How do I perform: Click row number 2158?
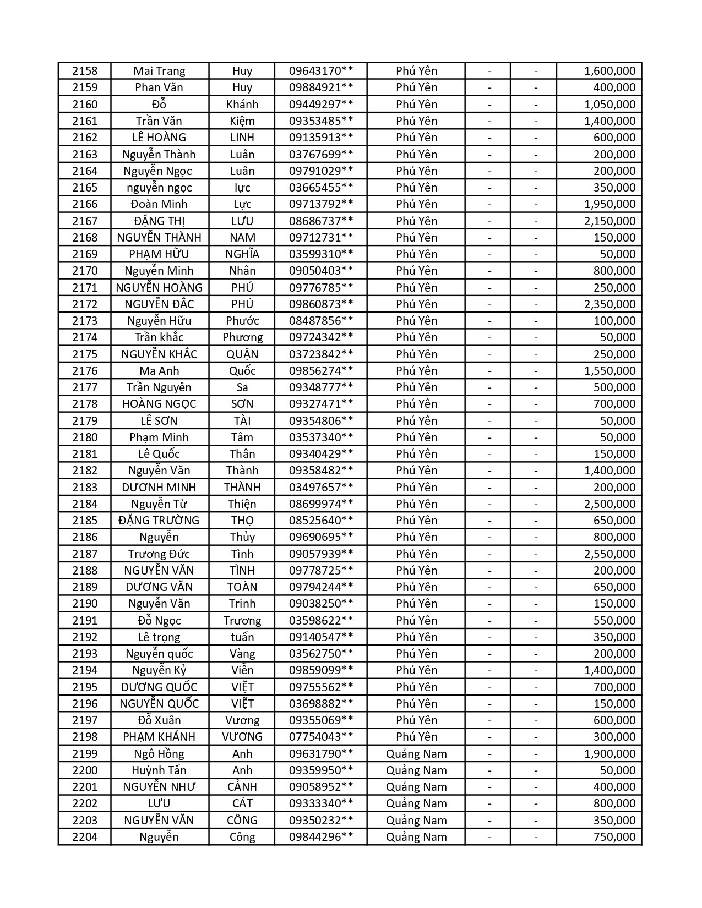point(85,71)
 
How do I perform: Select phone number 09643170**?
point(321,71)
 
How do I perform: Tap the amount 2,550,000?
point(610,554)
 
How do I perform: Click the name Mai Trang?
point(159,71)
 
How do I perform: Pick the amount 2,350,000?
point(610,304)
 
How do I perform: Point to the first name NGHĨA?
point(242,254)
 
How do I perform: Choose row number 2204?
point(85,837)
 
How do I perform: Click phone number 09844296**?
point(321,837)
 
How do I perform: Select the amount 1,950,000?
point(610,204)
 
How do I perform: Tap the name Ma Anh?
point(159,371)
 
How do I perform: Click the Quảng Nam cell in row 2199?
point(416,754)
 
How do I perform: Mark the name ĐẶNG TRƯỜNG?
point(159,521)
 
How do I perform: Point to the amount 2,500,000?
point(610,504)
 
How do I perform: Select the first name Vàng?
point(242,654)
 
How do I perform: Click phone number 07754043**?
point(321,737)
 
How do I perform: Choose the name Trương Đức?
point(159,554)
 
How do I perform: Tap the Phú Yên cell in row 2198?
point(416,737)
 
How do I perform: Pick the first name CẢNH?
point(242,787)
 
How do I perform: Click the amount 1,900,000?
point(610,754)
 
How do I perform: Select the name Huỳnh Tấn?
point(159,770)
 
